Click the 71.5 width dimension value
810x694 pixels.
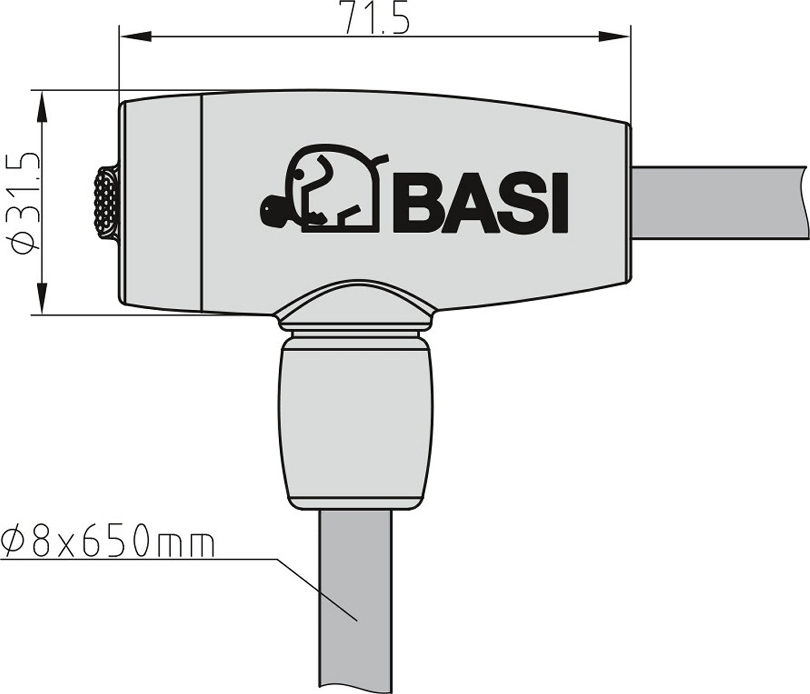[374, 17]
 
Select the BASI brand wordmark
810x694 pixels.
[481, 203]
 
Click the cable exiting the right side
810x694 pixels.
[718, 202]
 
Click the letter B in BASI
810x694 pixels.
[416, 203]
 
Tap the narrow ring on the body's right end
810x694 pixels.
[629, 203]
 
